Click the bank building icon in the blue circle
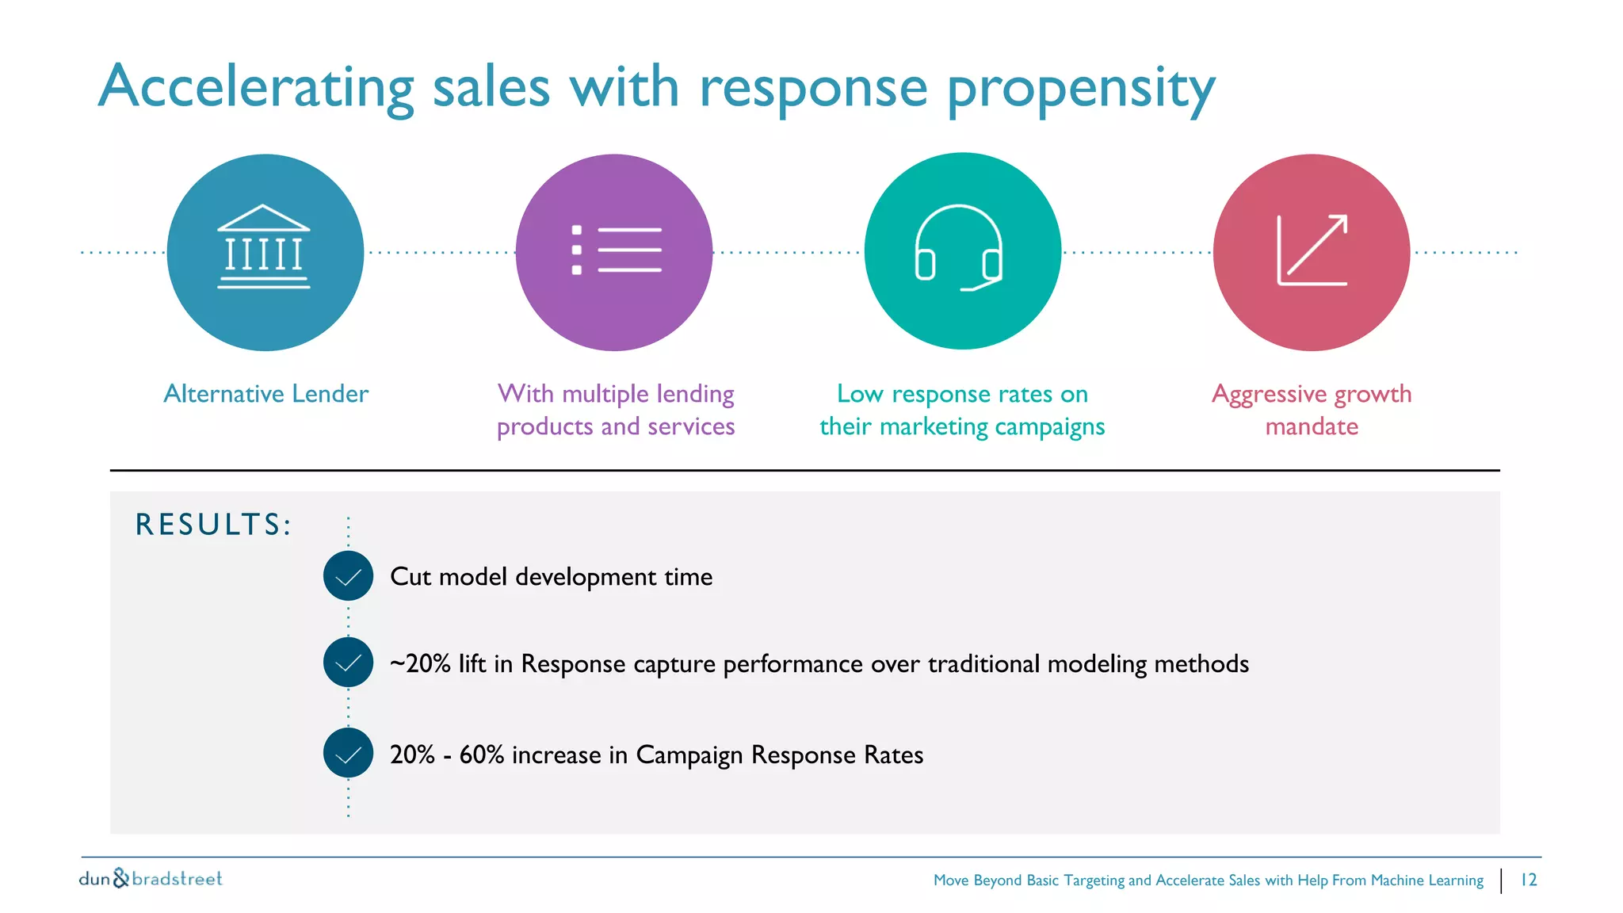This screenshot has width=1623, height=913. click(264, 247)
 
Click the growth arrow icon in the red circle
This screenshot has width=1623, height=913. click(1312, 250)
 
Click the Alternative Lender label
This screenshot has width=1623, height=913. click(265, 394)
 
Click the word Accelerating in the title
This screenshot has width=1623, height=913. click(256, 87)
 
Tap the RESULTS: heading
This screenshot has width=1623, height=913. click(213, 525)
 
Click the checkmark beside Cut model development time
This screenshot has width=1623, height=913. click(348, 576)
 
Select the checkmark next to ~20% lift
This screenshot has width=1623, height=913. click(348, 663)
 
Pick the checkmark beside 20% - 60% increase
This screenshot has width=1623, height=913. click(348, 753)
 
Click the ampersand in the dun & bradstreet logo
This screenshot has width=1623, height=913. click(120, 877)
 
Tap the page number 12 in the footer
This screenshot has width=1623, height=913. click(1529, 880)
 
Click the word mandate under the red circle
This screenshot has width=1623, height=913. click(1312, 426)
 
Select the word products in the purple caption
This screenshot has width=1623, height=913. click(544, 427)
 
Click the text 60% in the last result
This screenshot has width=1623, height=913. click(481, 754)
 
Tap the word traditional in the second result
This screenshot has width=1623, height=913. click(983, 663)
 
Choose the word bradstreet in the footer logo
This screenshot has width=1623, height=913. click(177, 878)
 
